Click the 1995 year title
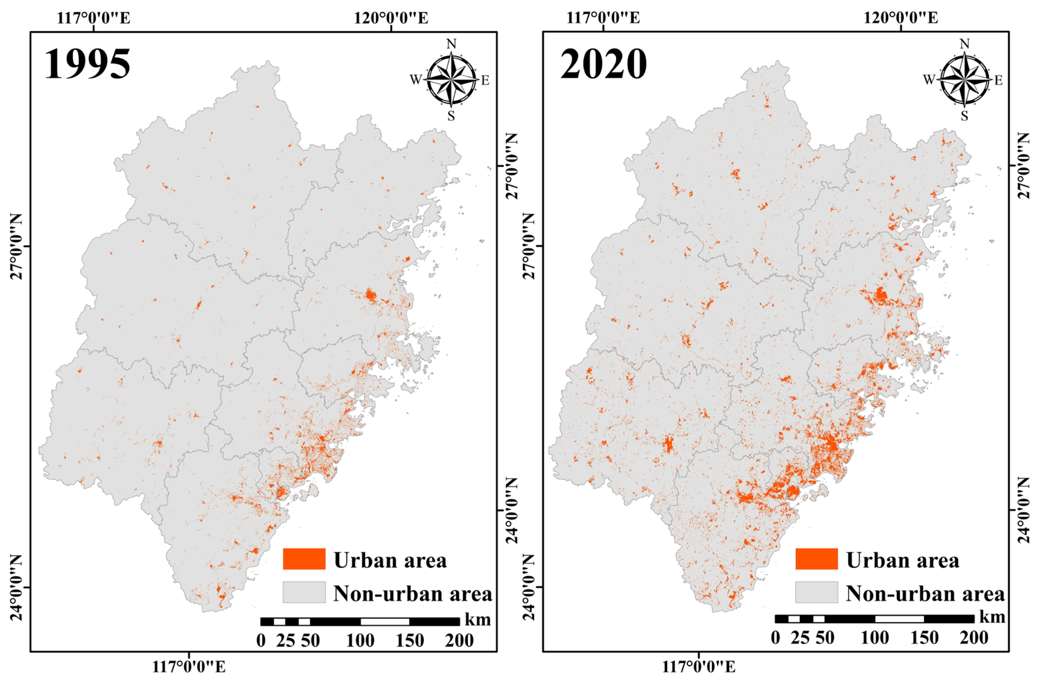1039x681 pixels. click(x=88, y=64)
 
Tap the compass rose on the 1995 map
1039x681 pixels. click(x=451, y=80)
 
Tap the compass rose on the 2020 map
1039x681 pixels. click(x=964, y=80)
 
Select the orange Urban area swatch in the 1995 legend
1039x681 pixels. click(x=304, y=559)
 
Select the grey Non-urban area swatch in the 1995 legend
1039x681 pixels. click(x=304, y=592)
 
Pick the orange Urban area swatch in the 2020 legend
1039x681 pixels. click(x=816, y=559)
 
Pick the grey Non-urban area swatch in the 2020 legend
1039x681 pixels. click(x=816, y=592)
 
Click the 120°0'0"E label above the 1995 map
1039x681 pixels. click(x=391, y=18)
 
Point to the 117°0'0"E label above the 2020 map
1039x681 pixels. click(x=603, y=18)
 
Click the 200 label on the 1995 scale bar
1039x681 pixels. click(x=459, y=640)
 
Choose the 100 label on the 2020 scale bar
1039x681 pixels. click(x=875, y=638)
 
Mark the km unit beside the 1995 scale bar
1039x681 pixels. click(x=478, y=620)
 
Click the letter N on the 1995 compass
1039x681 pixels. click(x=451, y=44)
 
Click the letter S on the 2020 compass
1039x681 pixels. click(x=964, y=116)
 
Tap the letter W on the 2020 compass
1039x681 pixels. click(x=929, y=80)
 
